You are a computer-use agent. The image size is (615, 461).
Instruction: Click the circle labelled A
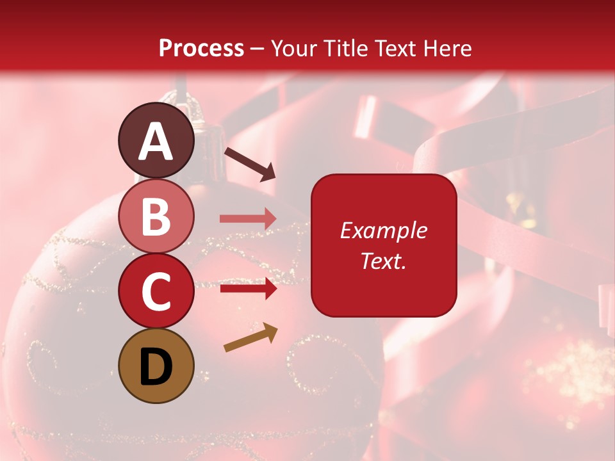(x=156, y=140)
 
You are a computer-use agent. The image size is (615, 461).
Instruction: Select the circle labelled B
(x=156, y=215)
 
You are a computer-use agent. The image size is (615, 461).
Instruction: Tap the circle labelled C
(x=156, y=291)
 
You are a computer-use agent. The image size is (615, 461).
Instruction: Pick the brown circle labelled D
(x=156, y=366)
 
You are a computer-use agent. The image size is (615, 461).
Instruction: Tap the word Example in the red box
(x=383, y=230)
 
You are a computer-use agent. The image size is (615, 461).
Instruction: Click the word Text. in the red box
(x=383, y=261)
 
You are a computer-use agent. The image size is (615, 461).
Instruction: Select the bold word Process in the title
(x=201, y=48)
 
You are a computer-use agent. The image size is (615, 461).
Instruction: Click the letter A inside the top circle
(x=156, y=142)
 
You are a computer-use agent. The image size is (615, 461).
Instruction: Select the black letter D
(x=156, y=367)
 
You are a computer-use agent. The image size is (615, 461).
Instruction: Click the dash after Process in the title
(x=258, y=49)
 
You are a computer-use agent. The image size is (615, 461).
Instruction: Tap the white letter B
(x=156, y=216)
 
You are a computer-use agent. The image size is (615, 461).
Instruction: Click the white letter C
(x=156, y=292)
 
